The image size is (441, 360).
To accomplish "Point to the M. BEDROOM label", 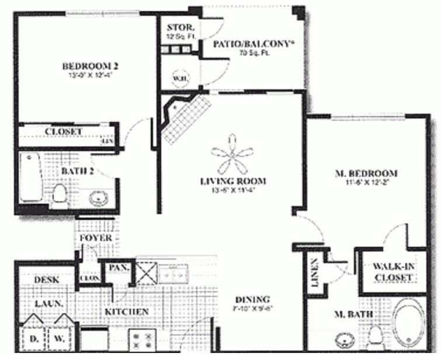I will click(x=366, y=173).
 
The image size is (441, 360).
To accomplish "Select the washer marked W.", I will click(x=59, y=337).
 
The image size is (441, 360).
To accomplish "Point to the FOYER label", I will click(x=96, y=238).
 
